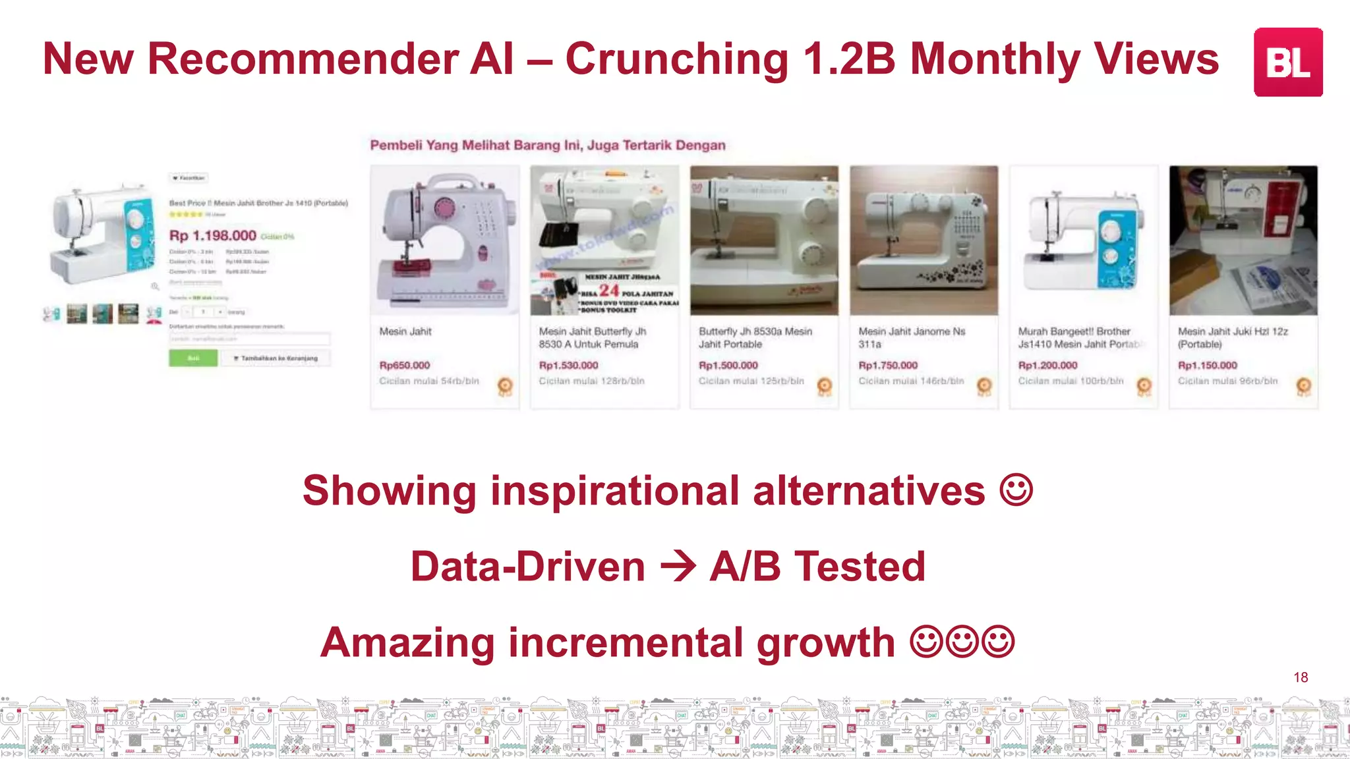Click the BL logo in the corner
(x=1287, y=62)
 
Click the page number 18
(x=1301, y=677)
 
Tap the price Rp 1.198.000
(x=213, y=235)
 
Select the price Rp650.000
(x=404, y=365)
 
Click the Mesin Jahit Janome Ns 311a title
(x=911, y=337)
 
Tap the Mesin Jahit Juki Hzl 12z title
(x=1232, y=337)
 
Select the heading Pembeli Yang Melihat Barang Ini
(x=547, y=145)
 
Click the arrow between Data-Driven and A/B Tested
(x=678, y=567)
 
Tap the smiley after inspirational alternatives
(x=1016, y=491)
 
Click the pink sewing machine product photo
(x=445, y=240)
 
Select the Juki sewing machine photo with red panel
(x=1243, y=240)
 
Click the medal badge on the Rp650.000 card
(x=505, y=385)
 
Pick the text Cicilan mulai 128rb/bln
(x=591, y=381)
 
